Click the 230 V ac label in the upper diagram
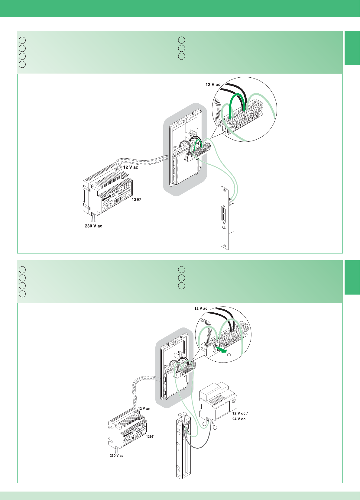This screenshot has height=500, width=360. (x=93, y=226)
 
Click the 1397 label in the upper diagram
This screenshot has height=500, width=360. (x=136, y=199)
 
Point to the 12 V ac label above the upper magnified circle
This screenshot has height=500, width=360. (x=213, y=85)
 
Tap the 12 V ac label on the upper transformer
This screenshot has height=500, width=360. (x=131, y=167)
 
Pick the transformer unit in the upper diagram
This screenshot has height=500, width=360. (x=107, y=190)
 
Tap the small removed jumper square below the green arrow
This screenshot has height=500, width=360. (x=229, y=355)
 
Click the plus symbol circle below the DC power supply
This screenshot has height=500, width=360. (x=215, y=428)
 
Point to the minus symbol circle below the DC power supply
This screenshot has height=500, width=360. (x=204, y=424)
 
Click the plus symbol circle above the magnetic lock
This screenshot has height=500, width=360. (x=180, y=415)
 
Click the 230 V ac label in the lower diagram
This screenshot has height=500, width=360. (x=116, y=456)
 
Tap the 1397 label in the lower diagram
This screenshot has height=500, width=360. (x=150, y=437)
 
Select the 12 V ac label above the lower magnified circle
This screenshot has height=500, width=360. (x=201, y=308)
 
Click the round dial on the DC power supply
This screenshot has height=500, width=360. (x=233, y=402)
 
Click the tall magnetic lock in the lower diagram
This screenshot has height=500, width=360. (x=183, y=447)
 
